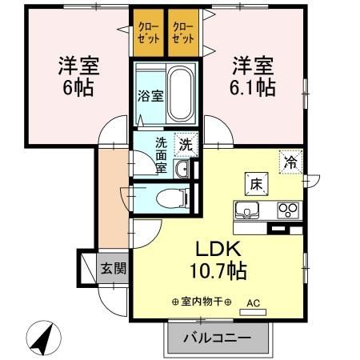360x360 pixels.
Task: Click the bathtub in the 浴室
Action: click(x=180, y=94)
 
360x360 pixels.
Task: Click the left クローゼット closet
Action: click(x=147, y=34)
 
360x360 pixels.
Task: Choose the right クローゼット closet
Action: click(x=183, y=34)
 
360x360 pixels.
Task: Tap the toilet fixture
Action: click(x=169, y=197)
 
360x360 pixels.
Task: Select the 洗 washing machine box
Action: click(x=185, y=146)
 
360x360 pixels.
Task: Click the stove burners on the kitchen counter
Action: click(x=286, y=210)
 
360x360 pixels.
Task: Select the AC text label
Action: click(x=254, y=303)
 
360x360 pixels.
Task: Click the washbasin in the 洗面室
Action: click(x=182, y=168)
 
